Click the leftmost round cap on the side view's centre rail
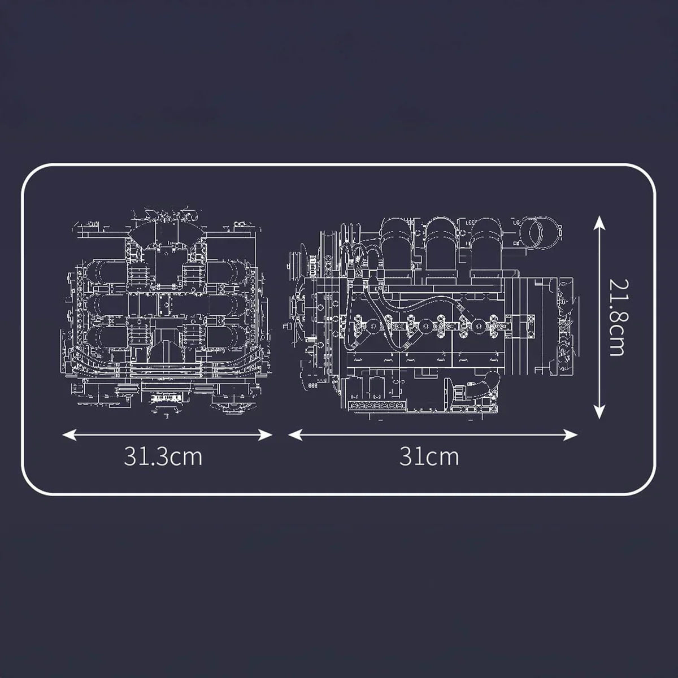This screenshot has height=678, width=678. [x=372, y=326]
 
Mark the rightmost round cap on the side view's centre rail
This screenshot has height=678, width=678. [x=481, y=326]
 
